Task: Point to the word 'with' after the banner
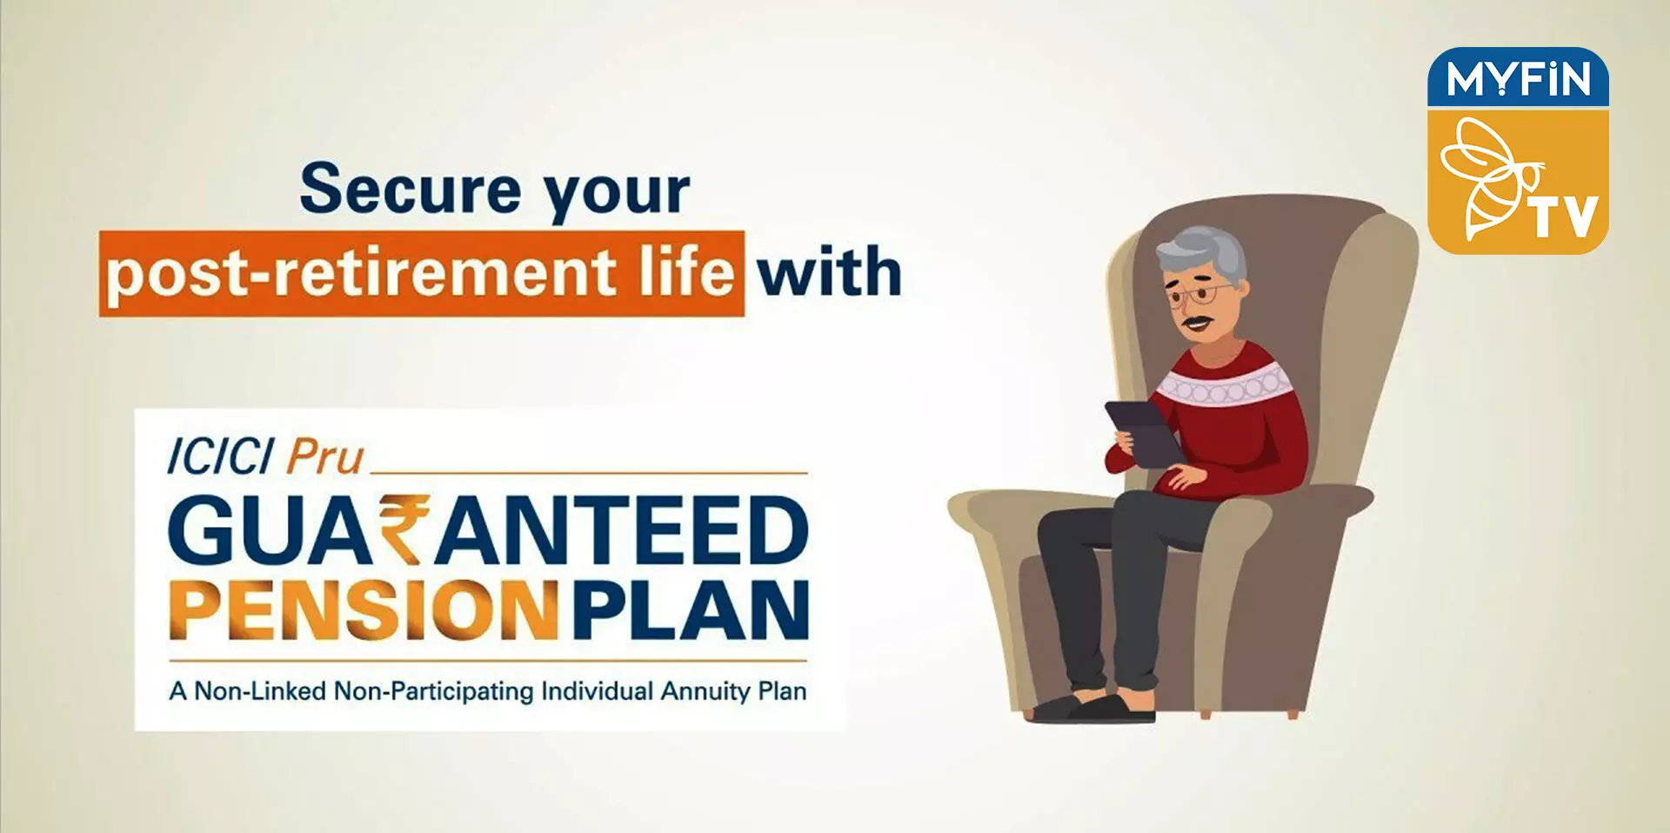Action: [829, 271]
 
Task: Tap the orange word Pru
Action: [325, 457]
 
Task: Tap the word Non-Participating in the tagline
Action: [434, 692]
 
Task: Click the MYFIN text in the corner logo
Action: [1518, 79]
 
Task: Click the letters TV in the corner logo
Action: [1566, 217]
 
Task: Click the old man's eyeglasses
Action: [1199, 294]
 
